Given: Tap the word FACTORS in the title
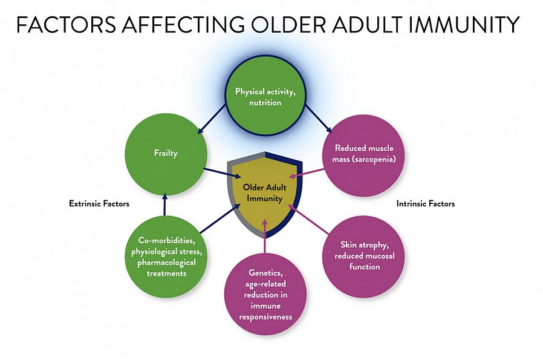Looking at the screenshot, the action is coord(66,24).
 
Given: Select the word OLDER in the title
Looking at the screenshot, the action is coord(289,24).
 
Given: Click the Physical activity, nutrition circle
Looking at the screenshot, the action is coord(265,94).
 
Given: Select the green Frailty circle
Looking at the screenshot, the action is coord(166,154).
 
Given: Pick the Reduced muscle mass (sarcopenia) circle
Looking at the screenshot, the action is coord(363,156).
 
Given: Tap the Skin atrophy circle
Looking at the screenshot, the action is coord(363,257).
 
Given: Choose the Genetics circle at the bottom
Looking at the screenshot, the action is coord(265,294).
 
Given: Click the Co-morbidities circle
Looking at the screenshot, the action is coord(166,257).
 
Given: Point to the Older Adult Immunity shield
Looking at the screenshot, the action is coord(265,195).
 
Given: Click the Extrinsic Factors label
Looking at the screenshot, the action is coord(99,203).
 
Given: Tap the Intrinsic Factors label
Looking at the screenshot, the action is coord(425,203).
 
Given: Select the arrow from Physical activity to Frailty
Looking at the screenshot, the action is coord(211,119).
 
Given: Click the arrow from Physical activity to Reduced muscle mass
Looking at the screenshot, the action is coord(318,118).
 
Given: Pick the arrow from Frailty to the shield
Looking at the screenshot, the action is coord(223,173).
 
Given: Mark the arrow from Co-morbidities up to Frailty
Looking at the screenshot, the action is coord(165,205).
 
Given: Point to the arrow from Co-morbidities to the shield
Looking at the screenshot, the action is coord(220,218).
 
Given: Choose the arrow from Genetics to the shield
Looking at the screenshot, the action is coord(265,235).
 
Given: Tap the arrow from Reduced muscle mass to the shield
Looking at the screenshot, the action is coord(307,173).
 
